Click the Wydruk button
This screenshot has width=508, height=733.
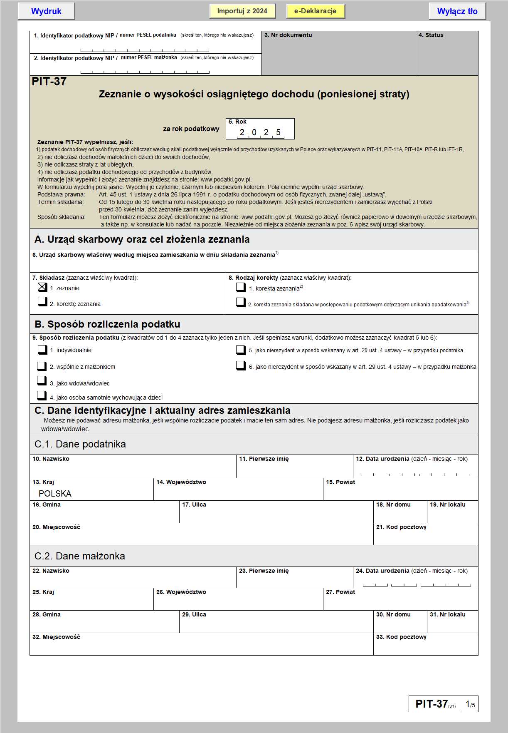46,11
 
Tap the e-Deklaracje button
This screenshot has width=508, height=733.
315,11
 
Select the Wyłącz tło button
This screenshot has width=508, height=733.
457,11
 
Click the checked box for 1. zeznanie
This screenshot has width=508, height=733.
42,287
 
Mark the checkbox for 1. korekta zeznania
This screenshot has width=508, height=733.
241,287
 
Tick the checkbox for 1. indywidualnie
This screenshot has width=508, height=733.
42,350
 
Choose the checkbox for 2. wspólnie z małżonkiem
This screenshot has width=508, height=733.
42,366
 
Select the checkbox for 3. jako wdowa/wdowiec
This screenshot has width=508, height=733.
42,380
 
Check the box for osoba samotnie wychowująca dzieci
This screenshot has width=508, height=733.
42,395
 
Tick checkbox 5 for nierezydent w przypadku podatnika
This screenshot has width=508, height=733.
241,350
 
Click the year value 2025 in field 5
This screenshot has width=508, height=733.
260,132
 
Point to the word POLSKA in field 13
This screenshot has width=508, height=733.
55,494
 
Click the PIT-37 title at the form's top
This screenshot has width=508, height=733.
49,82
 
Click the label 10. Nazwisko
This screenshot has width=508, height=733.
51,459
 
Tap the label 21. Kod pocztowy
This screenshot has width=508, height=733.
401,527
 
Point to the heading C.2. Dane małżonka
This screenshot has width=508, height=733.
80,556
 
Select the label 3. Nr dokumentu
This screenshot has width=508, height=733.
288,35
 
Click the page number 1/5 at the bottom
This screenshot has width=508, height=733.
470,704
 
